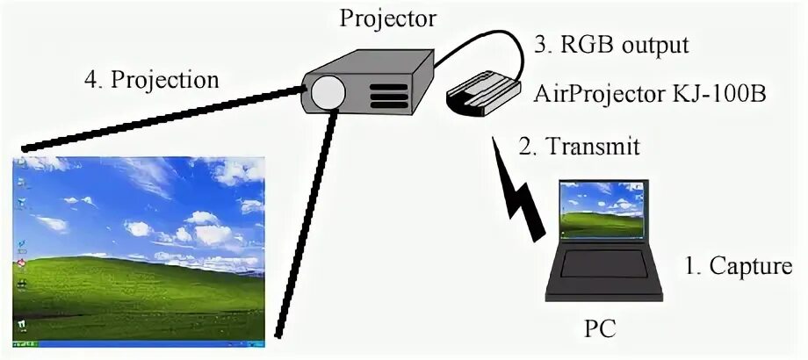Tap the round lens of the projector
328,91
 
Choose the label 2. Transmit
579,146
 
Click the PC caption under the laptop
601,329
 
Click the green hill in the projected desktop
132,290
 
